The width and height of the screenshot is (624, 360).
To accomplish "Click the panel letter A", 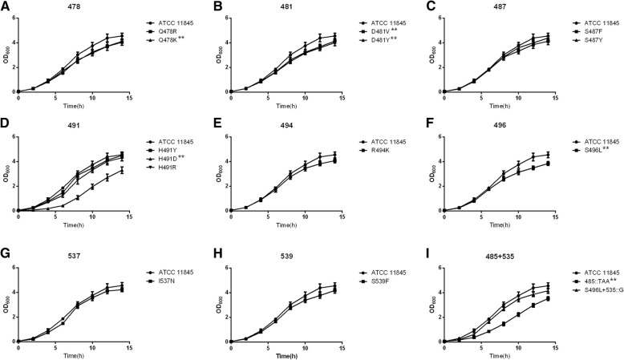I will click(6, 6).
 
